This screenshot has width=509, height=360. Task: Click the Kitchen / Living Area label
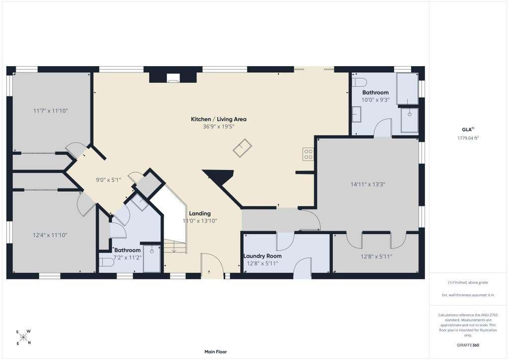(219, 119)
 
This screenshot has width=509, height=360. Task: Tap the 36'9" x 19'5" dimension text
(219, 127)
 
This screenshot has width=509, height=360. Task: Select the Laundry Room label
(262, 256)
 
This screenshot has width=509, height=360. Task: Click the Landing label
(200, 213)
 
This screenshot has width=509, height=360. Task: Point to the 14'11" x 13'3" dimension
(368, 184)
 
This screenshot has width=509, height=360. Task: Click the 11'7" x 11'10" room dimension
(50, 111)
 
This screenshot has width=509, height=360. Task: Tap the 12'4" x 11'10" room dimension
(50, 235)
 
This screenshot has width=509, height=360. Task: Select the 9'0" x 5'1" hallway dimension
(108, 180)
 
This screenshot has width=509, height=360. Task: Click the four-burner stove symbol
(308, 154)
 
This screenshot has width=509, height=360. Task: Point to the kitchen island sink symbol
(242, 148)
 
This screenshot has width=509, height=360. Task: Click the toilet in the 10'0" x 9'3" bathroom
(359, 82)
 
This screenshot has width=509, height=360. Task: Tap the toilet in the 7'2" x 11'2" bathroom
(106, 262)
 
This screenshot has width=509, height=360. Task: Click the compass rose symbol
(23, 337)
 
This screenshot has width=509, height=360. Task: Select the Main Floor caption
(216, 352)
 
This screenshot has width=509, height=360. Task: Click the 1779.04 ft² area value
(468, 138)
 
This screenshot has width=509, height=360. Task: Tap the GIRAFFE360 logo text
(468, 345)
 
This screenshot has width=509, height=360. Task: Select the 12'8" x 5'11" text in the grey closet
(376, 257)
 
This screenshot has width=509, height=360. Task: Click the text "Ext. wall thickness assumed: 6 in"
(468, 295)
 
